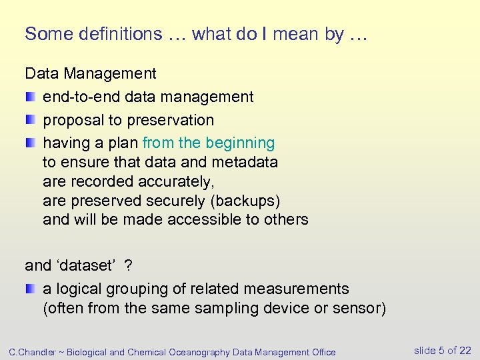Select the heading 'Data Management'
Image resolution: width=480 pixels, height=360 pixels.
[90, 73]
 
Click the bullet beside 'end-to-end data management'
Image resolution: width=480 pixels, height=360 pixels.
[31, 97]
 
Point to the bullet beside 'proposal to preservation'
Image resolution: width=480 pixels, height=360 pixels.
[31, 120]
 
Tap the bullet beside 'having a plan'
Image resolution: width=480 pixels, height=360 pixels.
[31, 143]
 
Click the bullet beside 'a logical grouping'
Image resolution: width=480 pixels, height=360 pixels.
[31, 289]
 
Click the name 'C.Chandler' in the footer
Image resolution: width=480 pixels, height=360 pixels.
[31, 352]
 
